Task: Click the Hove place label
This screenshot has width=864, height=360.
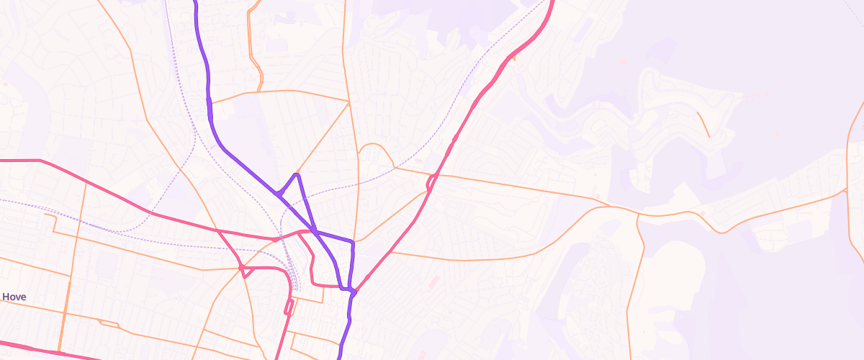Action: (14, 297)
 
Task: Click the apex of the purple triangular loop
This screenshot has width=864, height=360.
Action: (297, 174)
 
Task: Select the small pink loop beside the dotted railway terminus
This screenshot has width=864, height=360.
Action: (289, 307)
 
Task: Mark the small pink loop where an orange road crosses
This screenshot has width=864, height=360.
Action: (245, 271)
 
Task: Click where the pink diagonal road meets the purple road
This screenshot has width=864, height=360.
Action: (354, 292)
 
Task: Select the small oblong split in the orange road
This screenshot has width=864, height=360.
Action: (108, 323)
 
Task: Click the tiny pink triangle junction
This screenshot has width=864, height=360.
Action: (276, 239)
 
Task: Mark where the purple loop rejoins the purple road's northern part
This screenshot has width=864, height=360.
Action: (277, 193)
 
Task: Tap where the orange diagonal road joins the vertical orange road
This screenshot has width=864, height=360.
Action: (349, 102)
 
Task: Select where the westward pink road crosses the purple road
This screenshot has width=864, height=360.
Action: (315, 231)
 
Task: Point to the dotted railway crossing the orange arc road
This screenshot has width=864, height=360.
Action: (395, 168)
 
